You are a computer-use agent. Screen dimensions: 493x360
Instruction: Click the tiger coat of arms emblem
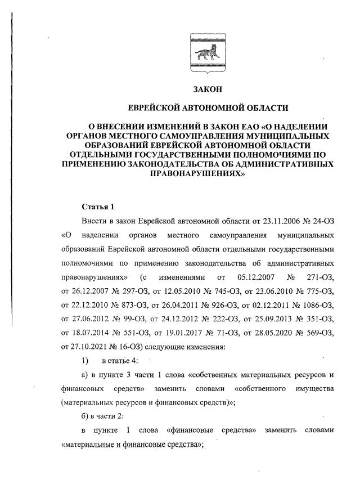(x=208, y=54)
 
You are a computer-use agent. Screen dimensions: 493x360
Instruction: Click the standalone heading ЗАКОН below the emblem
(x=208, y=89)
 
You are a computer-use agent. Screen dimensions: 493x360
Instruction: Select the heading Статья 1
(x=98, y=207)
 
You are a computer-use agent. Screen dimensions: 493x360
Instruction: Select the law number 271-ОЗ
(x=321, y=277)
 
